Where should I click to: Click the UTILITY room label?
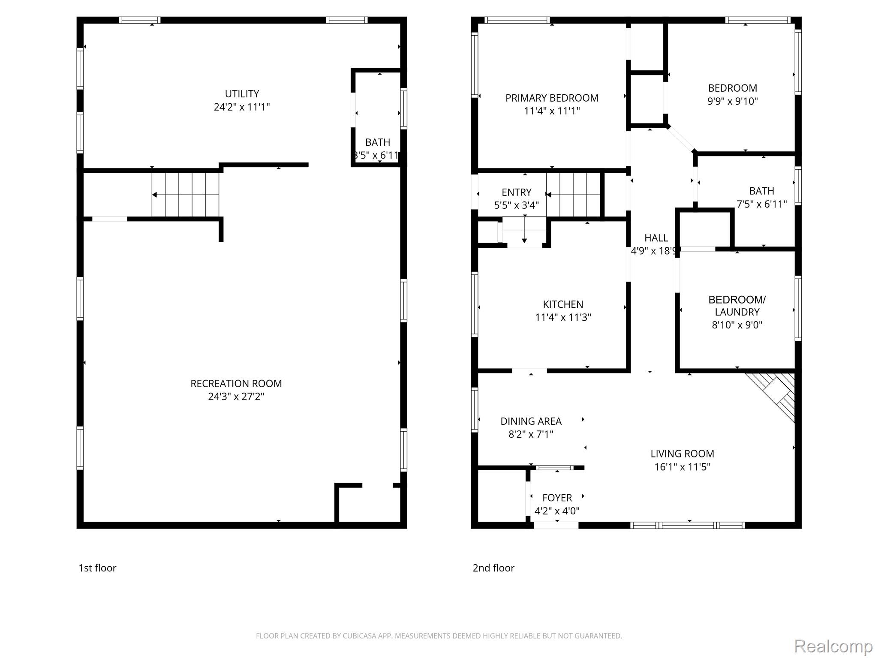pos(242,94)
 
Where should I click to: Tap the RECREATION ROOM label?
pos(236,384)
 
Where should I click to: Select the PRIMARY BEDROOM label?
pos(552,98)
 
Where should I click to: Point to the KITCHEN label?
pos(563,304)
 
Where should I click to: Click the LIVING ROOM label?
pos(682,454)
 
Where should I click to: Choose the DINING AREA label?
pos(531,421)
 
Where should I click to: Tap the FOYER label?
pos(557,498)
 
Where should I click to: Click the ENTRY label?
pos(517,192)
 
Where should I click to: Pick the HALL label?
pos(656,238)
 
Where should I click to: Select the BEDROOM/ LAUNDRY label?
pos(737,306)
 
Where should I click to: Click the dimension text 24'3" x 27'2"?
pos(236,397)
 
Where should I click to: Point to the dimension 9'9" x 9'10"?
pos(733,101)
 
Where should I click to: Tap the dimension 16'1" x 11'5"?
pos(682,467)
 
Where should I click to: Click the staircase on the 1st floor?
pos(185,195)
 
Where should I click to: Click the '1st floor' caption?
pos(97,568)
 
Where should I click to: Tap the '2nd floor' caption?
pos(493,568)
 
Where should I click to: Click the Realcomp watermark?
pos(833,646)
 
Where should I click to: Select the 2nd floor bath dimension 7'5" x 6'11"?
pos(762,204)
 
